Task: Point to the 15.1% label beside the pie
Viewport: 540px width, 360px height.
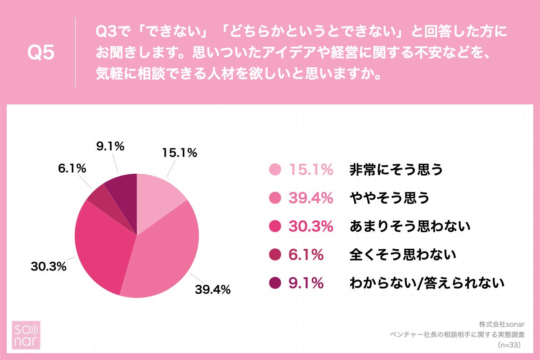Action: click(180, 153)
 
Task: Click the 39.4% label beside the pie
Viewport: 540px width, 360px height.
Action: click(212, 289)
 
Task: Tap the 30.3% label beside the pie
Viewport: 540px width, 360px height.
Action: click(49, 266)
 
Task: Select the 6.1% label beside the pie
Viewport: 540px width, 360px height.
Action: click(72, 168)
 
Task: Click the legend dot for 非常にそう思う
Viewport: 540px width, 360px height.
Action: click(275, 170)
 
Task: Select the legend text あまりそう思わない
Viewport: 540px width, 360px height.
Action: click(410, 226)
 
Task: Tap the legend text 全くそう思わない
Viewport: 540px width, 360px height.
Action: click(403, 255)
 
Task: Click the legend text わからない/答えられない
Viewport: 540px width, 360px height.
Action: click(427, 283)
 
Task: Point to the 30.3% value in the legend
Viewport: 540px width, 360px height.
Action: click(311, 226)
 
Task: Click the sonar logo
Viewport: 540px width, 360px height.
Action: click(26, 335)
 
